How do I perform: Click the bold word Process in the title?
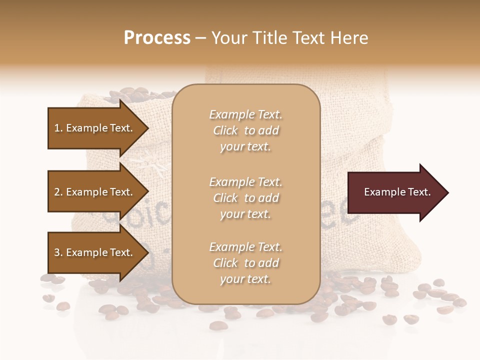tap(157, 38)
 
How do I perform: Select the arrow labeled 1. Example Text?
tap(95, 128)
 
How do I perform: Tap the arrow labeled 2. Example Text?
tap(95, 192)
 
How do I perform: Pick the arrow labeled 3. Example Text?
tap(95, 252)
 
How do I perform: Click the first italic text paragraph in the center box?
tap(245, 130)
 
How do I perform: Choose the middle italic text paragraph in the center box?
tap(245, 197)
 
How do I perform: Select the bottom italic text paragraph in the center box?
tap(245, 263)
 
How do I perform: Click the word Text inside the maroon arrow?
tap(418, 192)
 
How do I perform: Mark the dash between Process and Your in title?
tap(201, 38)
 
